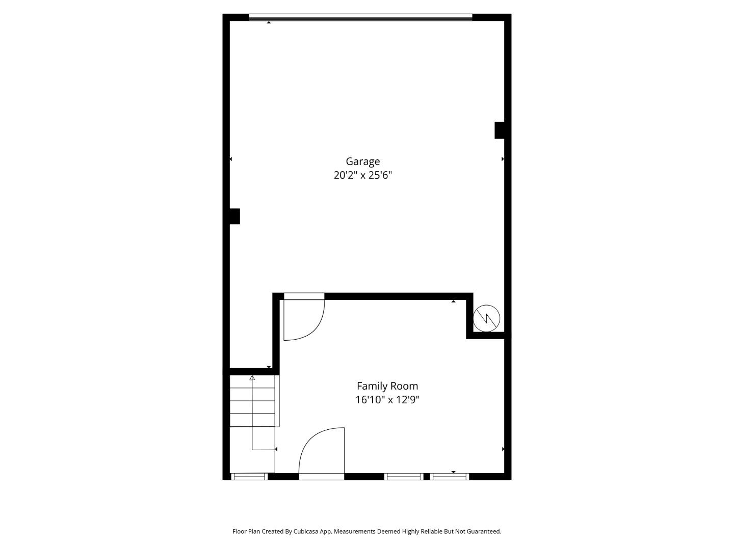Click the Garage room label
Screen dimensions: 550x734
pos(362,161)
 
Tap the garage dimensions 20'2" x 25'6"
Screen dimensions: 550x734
pos(362,175)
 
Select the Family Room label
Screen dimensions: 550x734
pos(387,386)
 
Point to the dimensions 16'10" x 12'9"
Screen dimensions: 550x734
pos(387,400)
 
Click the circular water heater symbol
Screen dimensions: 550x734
pos(486,319)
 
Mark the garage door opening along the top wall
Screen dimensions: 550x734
pos(360,18)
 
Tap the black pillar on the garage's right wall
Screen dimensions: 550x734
pos(500,130)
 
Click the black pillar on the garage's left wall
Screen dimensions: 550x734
pos(234,216)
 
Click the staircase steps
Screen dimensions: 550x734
pos(253,401)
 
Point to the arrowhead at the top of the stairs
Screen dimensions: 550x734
pos(252,378)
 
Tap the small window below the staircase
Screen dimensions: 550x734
pos(249,477)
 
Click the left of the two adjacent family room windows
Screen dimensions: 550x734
pos(403,477)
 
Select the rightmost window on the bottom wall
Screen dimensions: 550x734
pos(449,477)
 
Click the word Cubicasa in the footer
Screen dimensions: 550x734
pos(305,531)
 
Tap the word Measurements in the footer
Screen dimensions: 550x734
pos(355,531)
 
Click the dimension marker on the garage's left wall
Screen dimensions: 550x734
pos(230,159)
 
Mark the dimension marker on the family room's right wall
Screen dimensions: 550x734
pos(503,449)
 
